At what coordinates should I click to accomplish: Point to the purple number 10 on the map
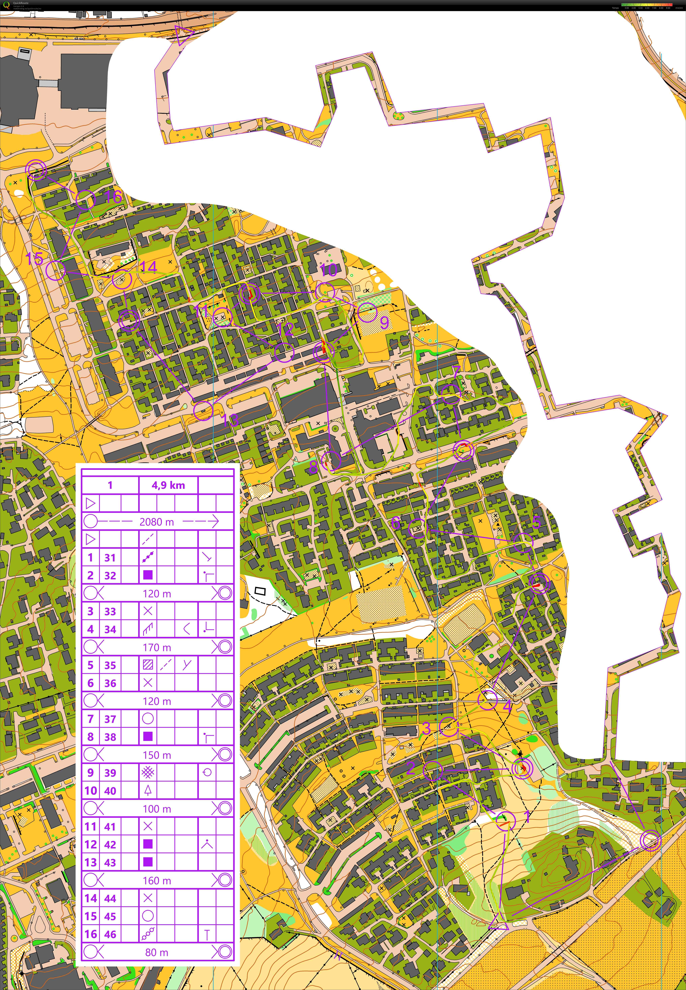pyautogui.click(x=329, y=270)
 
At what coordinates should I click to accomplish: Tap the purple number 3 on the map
pyautogui.click(x=426, y=728)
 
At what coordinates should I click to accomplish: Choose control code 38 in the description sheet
pyautogui.click(x=110, y=737)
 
